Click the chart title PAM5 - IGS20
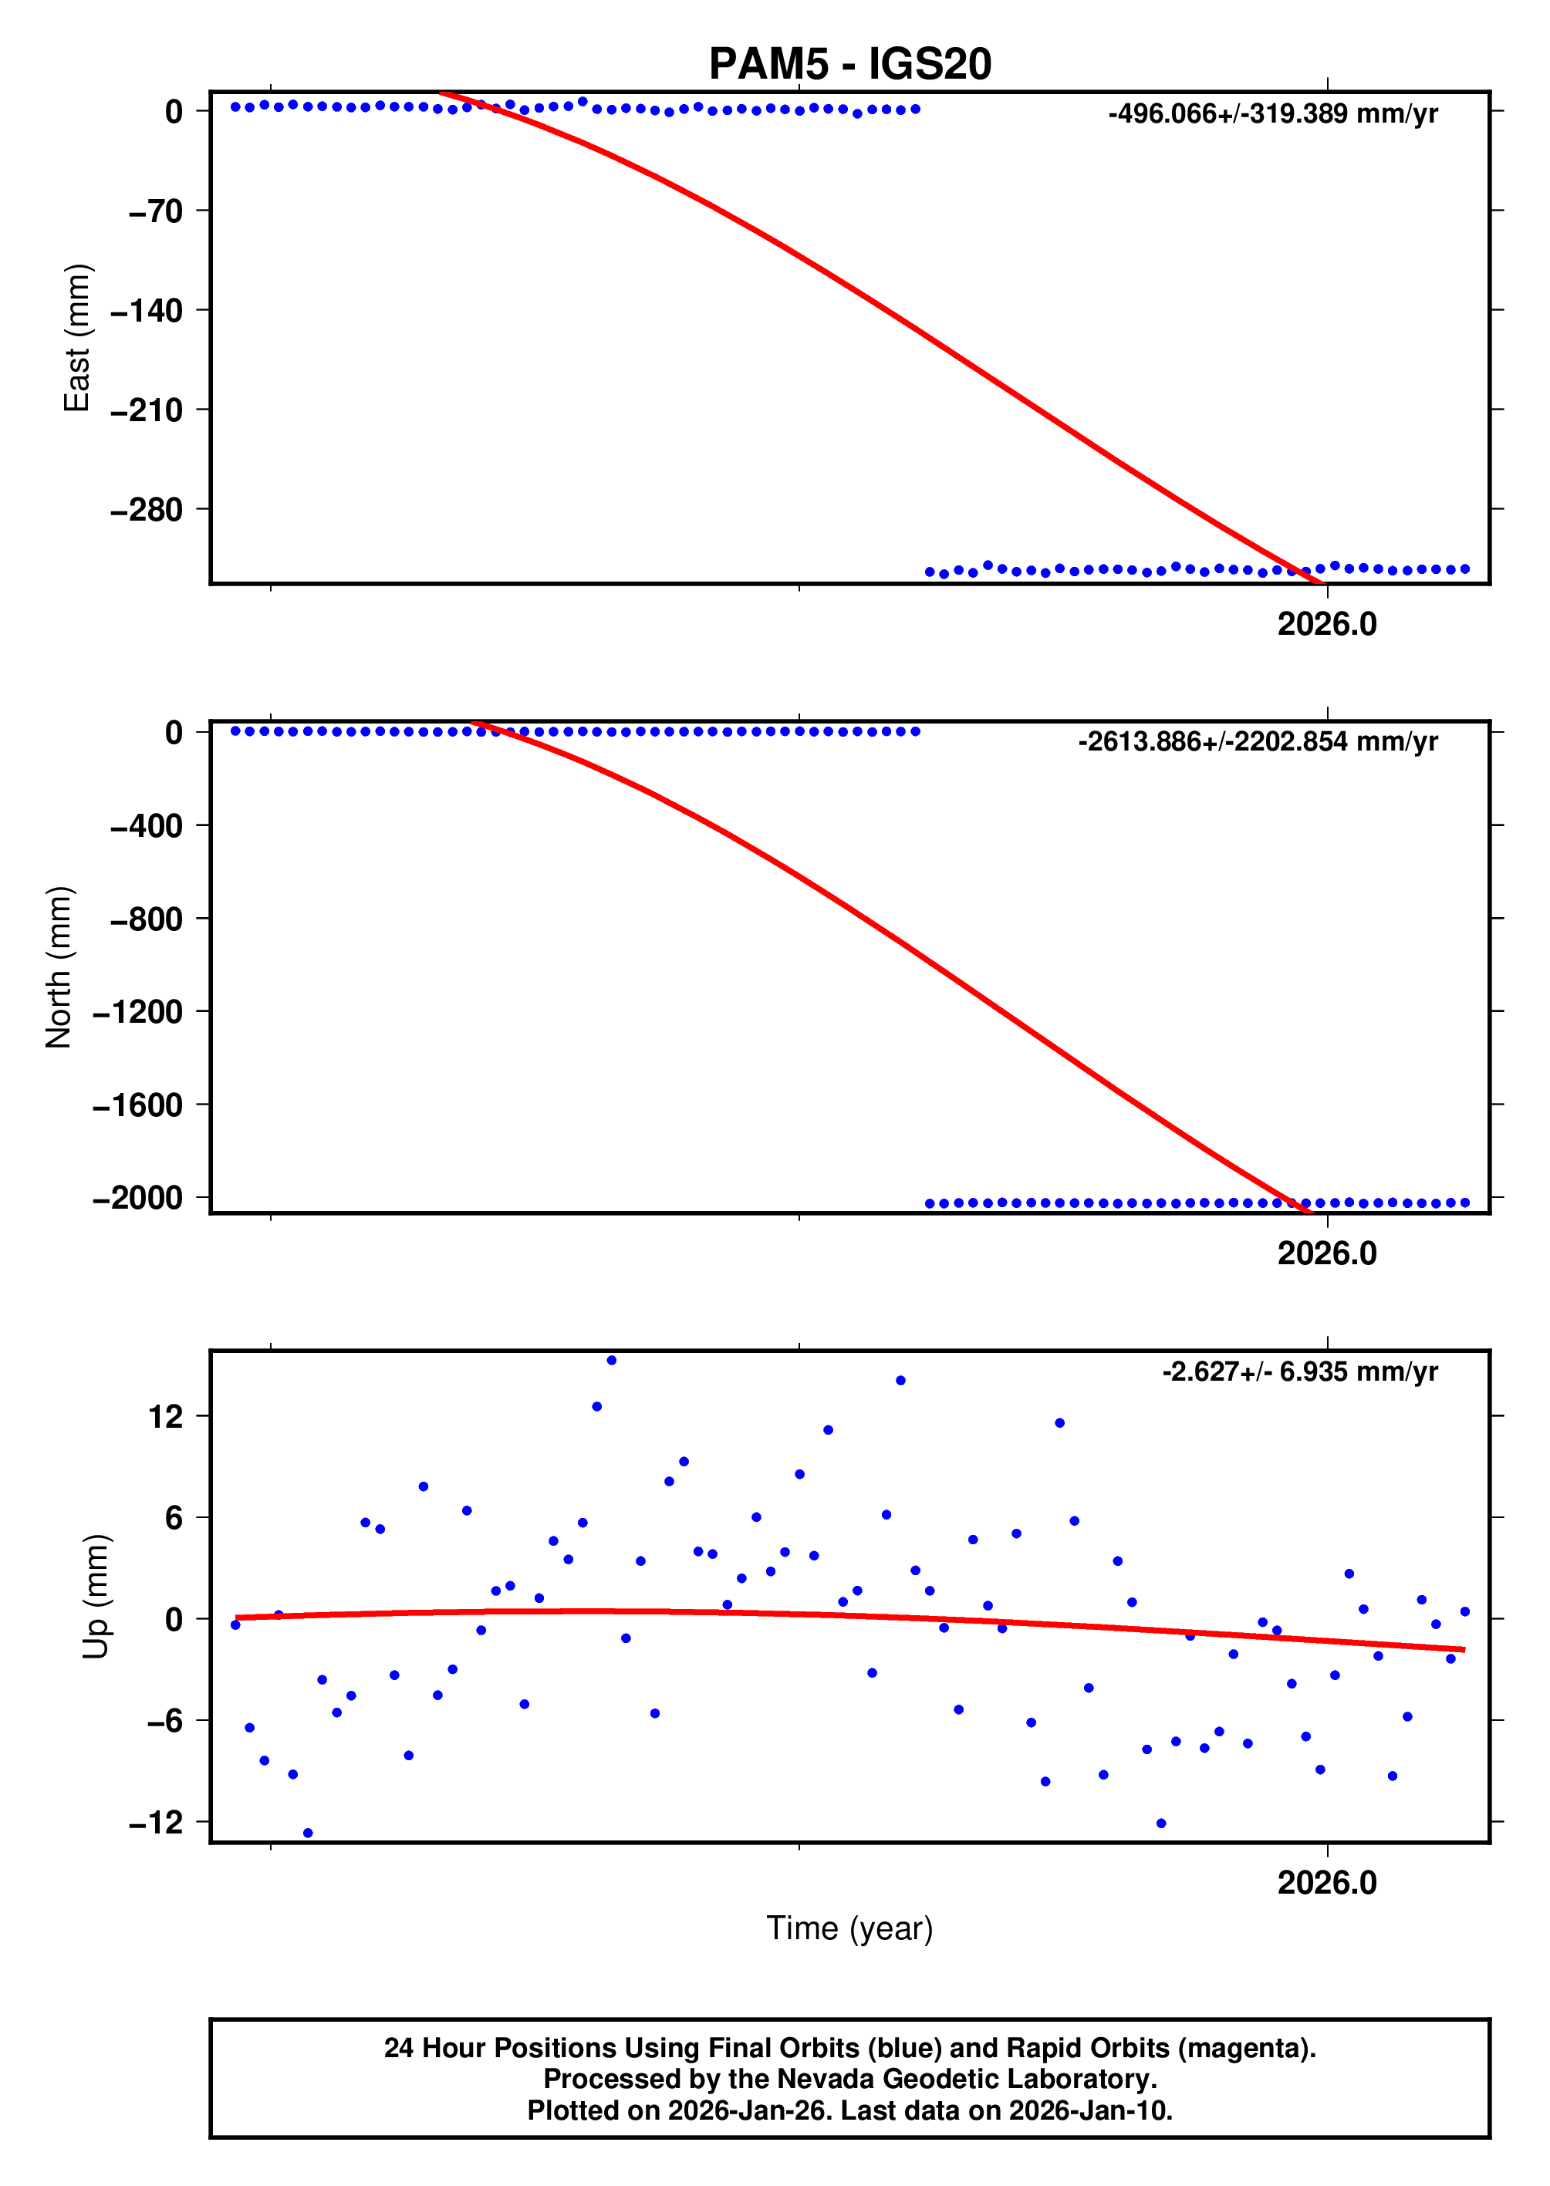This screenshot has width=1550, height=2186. [x=849, y=64]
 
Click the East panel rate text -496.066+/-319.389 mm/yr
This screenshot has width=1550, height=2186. [x=1272, y=114]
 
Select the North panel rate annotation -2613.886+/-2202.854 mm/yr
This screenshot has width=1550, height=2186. [x=1257, y=741]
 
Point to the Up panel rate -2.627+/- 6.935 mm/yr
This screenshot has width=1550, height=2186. [x=1299, y=1371]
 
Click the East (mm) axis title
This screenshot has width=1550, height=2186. [x=76, y=338]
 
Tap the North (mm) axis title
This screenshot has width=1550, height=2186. [x=59, y=966]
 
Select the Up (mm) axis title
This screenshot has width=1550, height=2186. [x=96, y=1597]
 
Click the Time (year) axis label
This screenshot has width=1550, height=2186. [x=849, y=1928]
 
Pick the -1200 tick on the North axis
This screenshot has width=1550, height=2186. [x=137, y=1011]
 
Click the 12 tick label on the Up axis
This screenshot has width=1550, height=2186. [x=165, y=1416]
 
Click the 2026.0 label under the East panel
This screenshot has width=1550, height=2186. [x=1327, y=624]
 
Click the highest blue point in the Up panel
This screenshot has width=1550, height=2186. [x=612, y=1361]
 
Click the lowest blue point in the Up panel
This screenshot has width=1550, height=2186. [x=307, y=1833]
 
